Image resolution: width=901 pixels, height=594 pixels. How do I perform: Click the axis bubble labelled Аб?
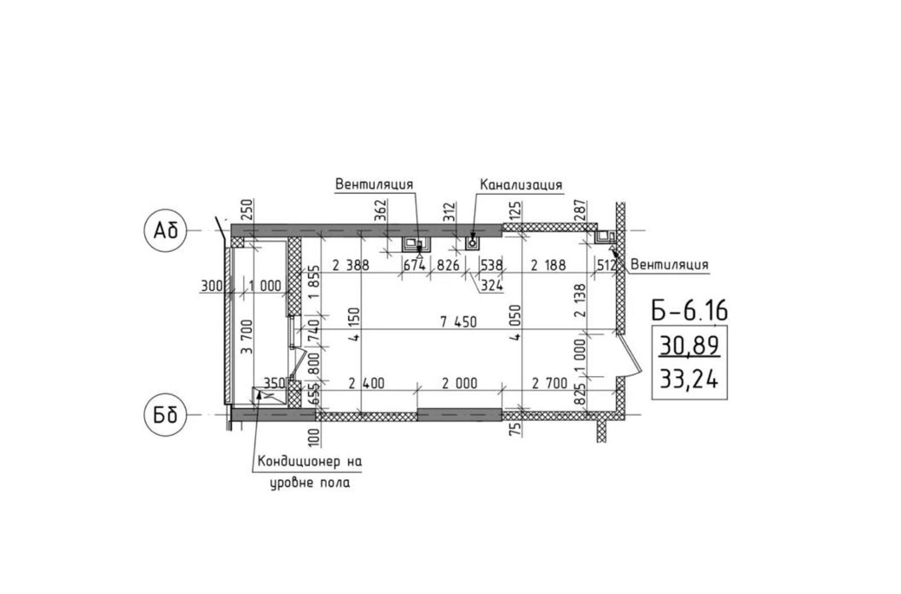pos(166,231)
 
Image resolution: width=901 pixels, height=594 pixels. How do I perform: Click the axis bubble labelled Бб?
pos(166,414)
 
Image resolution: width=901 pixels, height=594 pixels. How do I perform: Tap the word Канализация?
pos(521,185)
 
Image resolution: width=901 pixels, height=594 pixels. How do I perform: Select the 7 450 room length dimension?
pos(458,322)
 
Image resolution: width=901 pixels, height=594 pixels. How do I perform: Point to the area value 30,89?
pos(689,346)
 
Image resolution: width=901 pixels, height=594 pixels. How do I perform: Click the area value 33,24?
pos(689,379)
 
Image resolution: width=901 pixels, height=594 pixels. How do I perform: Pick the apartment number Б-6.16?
pos(689,311)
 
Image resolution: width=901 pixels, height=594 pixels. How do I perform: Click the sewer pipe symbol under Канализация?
pos(472,243)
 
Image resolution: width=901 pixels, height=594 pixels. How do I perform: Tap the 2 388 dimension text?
pos(351,265)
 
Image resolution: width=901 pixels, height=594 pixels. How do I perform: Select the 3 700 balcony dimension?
pos(247,337)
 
